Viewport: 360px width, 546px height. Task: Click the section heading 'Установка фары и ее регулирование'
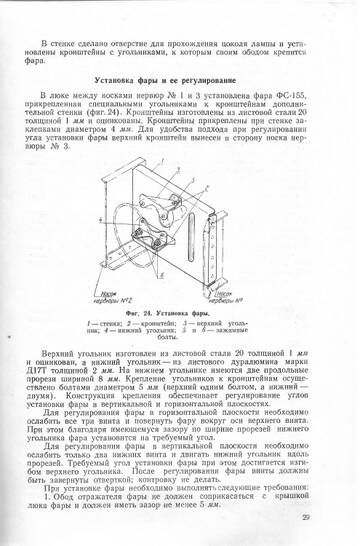tap(181, 77)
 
